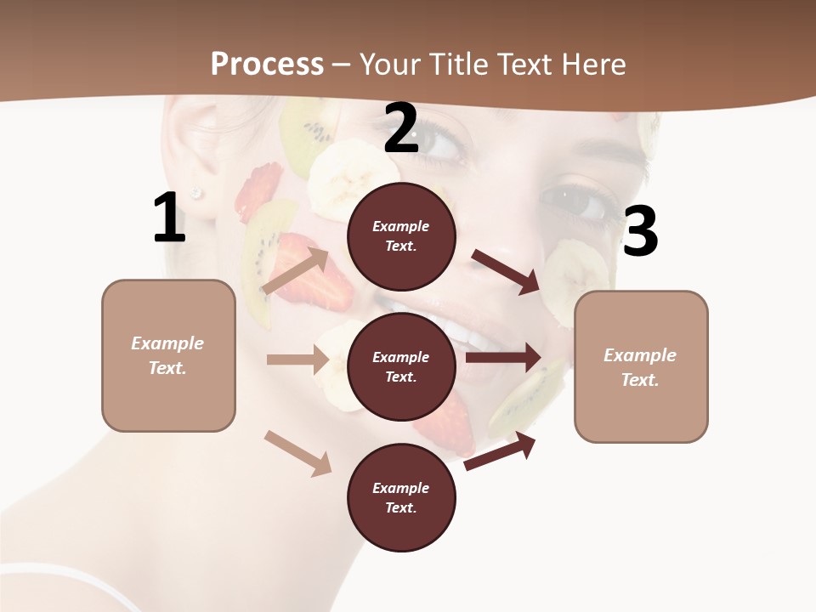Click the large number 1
[169, 218]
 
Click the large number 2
[401, 129]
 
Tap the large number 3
[640, 233]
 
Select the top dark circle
[401, 236]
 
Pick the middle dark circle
[401, 366]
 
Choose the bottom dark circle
[401, 497]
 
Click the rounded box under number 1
[168, 355]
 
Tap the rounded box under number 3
[641, 366]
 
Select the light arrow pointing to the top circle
[295, 271]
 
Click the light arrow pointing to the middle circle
[297, 360]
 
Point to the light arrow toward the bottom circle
[297, 453]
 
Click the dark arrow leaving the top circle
[507, 271]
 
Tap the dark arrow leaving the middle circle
[503, 358]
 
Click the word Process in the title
[267, 64]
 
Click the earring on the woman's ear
[196, 194]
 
